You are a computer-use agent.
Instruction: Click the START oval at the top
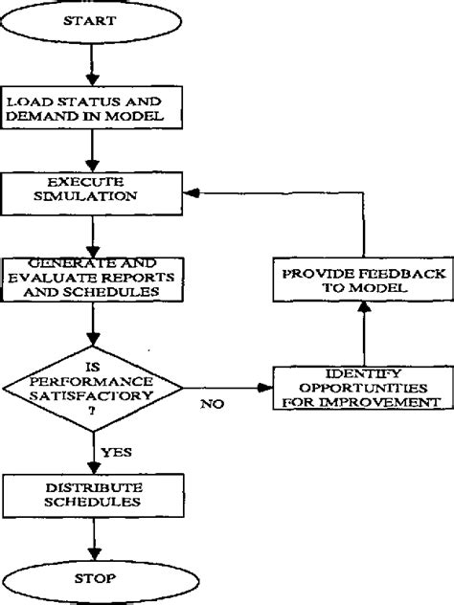[88, 20]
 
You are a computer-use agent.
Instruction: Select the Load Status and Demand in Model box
[88, 110]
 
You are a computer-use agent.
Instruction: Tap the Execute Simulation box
[88, 192]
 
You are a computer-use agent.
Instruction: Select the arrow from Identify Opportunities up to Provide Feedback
[362, 335]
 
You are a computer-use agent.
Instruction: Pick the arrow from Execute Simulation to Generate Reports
[88, 234]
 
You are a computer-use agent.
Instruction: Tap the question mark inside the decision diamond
[93, 410]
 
